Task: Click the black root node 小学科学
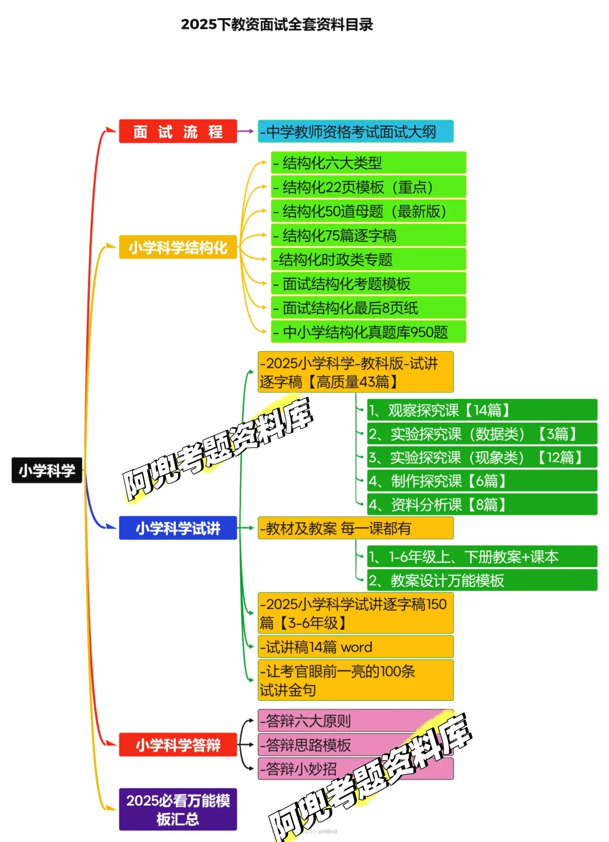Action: coord(47,470)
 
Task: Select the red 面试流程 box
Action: coord(178,131)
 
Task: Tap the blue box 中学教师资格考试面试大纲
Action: coord(355,131)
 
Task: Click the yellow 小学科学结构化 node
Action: coord(178,247)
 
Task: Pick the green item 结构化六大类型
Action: coord(368,163)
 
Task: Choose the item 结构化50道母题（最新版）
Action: coord(368,211)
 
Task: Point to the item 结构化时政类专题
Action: coord(368,260)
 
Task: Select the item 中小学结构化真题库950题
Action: coord(368,332)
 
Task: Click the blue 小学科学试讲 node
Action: coord(178,528)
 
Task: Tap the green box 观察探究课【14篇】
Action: coord(482,410)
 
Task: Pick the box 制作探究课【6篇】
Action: coord(482,481)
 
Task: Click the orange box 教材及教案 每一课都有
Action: coord(355,528)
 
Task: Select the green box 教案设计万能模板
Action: coord(482,580)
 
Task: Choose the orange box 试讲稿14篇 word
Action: coord(355,647)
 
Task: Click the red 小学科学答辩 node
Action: coord(178,745)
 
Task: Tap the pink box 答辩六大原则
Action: coord(355,721)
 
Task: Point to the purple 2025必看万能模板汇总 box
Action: coord(178,809)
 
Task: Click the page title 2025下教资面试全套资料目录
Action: coord(277,25)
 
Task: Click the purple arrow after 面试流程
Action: coord(246,131)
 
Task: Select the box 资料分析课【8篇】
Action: coord(482,505)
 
